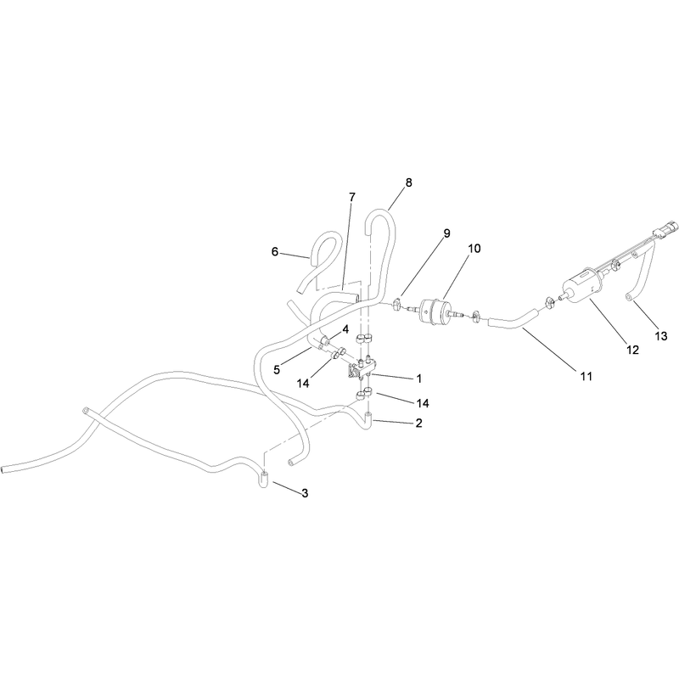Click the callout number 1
(418, 379)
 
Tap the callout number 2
(418, 423)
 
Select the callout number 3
(305, 493)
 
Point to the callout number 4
(345, 329)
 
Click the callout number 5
(277, 370)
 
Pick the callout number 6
(274, 251)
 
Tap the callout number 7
(352, 197)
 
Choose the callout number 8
(409, 182)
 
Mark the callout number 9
(446, 233)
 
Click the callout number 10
(474, 249)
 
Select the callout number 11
(586, 377)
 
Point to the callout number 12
(632, 350)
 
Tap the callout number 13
(661, 335)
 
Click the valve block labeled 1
(362, 368)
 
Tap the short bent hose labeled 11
(514, 319)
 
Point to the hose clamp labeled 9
(397, 303)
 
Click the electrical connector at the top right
(663, 229)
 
